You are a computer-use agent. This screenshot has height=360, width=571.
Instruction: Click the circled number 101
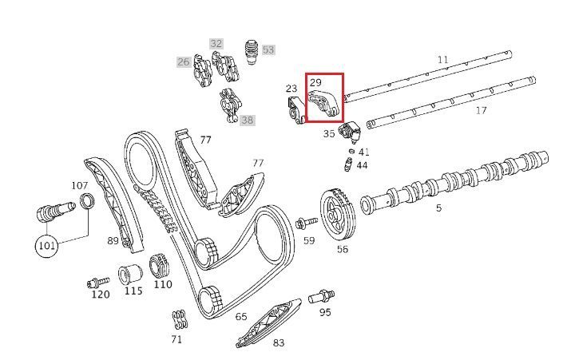[x=46, y=246]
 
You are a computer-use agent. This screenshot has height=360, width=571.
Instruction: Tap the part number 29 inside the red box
[x=315, y=83]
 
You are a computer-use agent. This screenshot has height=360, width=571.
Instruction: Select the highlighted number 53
[x=268, y=49]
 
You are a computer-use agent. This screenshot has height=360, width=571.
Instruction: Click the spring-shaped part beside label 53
[x=250, y=51]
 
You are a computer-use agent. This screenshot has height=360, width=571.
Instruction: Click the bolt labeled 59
[x=307, y=223]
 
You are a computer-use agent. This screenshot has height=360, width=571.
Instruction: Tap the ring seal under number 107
[x=88, y=202]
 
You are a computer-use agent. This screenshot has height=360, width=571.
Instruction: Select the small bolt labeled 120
[x=98, y=283]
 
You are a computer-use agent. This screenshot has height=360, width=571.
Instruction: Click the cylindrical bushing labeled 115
[x=130, y=274]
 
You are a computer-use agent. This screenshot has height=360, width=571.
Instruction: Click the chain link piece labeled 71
[x=180, y=320]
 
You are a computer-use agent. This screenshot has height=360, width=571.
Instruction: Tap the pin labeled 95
[x=321, y=296]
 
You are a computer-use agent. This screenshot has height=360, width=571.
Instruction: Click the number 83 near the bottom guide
[x=279, y=343]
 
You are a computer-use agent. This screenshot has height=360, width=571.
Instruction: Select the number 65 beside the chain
[x=241, y=317]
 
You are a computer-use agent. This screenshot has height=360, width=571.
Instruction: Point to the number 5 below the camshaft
[x=438, y=208]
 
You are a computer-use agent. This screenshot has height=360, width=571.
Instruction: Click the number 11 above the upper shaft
[x=442, y=59]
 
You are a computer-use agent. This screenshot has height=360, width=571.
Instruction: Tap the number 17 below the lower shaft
[x=481, y=110]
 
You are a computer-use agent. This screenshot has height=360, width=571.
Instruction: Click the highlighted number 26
[x=184, y=62]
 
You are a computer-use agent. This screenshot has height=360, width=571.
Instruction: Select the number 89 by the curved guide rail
[x=113, y=240]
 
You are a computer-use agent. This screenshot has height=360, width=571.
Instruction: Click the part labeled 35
[x=350, y=133]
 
